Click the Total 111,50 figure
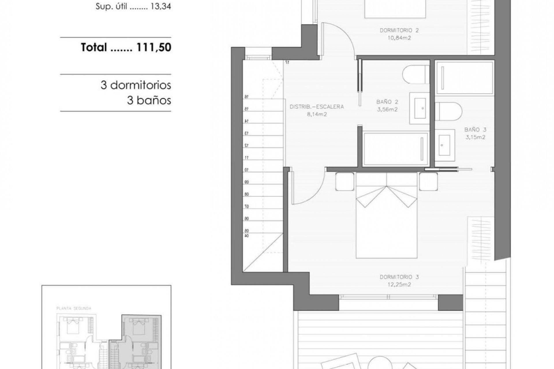point(126,47)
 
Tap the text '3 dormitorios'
point(136,85)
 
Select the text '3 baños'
point(149,100)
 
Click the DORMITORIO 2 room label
point(399,30)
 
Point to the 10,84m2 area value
point(399,38)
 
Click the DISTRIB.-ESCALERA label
point(317,107)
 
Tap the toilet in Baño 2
point(415,74)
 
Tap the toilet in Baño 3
point(448,111)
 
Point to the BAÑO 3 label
point(475,130)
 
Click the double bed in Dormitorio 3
point(386,219)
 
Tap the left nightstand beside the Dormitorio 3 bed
point(345,182)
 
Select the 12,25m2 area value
point(399,285)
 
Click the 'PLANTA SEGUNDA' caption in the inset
point(74,308)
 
